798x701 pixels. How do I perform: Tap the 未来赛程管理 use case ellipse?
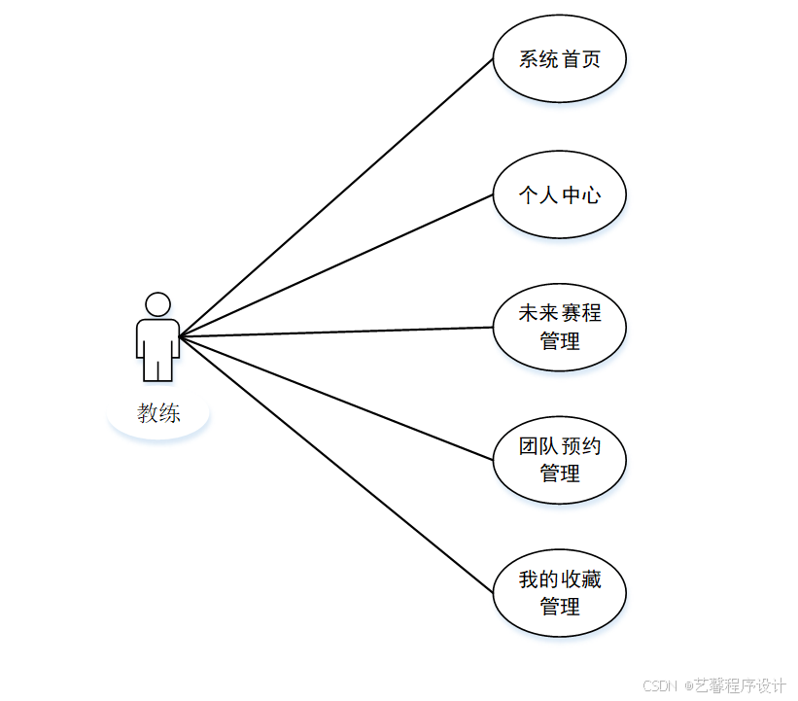click(x=559, y=328)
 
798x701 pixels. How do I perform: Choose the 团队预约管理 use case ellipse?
click(x=559, y=460)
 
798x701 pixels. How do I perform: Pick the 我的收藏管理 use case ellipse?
click(x=559, y=593)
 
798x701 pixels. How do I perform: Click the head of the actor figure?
click(x=157, y=304)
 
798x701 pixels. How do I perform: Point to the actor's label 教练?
click(x=158, y=413)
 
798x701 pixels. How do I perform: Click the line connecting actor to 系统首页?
click(x=336, y=197)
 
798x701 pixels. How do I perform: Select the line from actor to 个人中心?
click(x=336, y=265)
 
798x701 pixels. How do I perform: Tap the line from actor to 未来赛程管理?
click(x=336, y=333)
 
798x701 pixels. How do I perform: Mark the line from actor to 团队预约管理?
click(x=336, y=398)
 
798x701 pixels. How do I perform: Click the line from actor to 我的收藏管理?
click(x=336, y=465)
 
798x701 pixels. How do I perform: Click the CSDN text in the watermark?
click(x=660, y=685)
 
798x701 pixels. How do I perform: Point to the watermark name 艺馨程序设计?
click(x=739, y=685)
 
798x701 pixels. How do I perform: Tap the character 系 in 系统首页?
click(x=529, y=59)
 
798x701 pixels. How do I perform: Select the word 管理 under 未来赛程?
click(x=560, y=341)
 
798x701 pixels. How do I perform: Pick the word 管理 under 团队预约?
click(x=560, y=473)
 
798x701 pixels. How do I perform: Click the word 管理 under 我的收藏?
click(x=560, y=607)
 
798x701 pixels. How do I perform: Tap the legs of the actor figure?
click(x=157, y=368)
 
